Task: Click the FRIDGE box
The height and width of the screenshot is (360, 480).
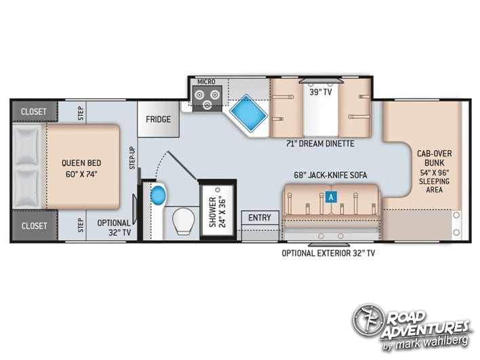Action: click(x=158, y=119)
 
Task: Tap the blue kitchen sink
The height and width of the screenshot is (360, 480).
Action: click(x=248, y=113)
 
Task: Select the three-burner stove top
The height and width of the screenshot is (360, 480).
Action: click(x=207, y=98)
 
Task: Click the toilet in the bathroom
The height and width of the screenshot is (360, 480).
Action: click(x=184, y=221)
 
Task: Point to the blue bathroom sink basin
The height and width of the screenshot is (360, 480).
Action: click(x=158, y=195)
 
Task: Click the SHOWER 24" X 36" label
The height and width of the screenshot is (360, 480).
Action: click(x=218, y=212)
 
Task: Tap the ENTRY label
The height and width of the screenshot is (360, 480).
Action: click(x=260, y=218)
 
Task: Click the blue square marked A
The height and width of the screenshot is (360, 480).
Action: click(x=331, y=197)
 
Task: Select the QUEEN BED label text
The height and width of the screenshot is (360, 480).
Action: click(x=81, y=163)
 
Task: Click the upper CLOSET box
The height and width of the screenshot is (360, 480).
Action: click(x=35, y=111)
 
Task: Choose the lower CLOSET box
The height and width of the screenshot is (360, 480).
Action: click(x=35, y=226)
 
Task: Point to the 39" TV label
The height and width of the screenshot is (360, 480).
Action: click(x=321, y=92)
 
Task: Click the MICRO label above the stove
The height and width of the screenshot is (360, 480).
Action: click(x=206, y=82)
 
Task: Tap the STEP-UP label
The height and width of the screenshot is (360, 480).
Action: click(x=132, y=158)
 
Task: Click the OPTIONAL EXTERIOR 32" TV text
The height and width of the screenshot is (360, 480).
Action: click(x=328, y=253)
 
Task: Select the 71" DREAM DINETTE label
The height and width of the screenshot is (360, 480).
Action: click(x=320, y=143)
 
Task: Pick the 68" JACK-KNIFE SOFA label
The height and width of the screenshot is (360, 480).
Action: click(x=330, y=175)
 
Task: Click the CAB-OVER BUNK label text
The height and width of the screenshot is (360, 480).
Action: click(x=435, y=158)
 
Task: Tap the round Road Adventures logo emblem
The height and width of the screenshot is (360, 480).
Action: click(x=368, y=320)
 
